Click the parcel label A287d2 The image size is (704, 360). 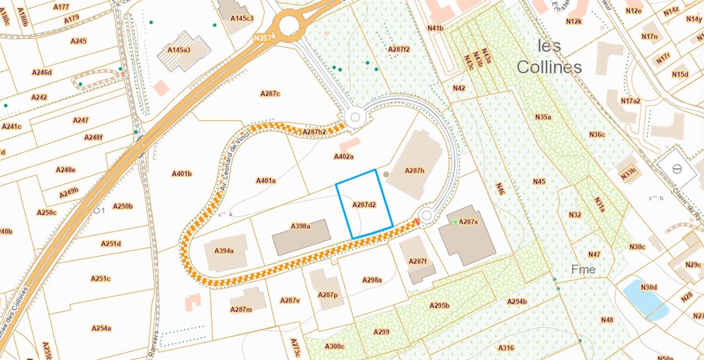(364, 204)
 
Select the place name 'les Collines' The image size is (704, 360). (549, 56)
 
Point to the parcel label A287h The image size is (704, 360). (414, 170)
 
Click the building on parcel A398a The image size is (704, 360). (301, 237)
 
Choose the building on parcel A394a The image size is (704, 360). (226, 252)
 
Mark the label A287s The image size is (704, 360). (468, 222)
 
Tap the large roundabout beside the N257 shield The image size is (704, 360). (289, 26)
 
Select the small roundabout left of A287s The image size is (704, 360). (426, 216)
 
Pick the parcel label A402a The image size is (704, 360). (343, 157)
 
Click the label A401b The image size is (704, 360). (181, 174)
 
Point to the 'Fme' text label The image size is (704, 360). (583, 270)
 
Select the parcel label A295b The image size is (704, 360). (439, 305)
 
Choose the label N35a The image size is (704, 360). (543, 116)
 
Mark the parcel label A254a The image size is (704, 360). (101, 328)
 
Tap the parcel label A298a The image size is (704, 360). (372, 280)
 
